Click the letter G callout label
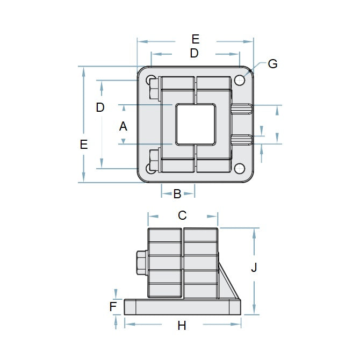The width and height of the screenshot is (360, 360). (x=272, y=64)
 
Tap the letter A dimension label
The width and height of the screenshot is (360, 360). (x=123, y=126)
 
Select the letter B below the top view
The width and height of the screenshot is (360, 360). (x=177, y=194)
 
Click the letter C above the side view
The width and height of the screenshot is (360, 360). (x=182, y=215)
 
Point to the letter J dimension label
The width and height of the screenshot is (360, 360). (x=255, y=267)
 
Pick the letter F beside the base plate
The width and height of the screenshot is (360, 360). (x=113, y=307)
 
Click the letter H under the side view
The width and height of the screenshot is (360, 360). (x=182, y=326)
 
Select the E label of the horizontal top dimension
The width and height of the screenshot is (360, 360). (x=195, y=39)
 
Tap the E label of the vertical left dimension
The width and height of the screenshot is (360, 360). (x=83, y=144)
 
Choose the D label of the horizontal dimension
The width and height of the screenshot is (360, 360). (x=194, y=53)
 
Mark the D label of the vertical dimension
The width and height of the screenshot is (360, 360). (x=100, y=107)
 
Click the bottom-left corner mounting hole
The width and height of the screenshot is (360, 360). (x=150, y=168)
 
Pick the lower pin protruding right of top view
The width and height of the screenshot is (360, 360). (x=242, y=140)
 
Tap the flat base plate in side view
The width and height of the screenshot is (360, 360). (x=183, y=307)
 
